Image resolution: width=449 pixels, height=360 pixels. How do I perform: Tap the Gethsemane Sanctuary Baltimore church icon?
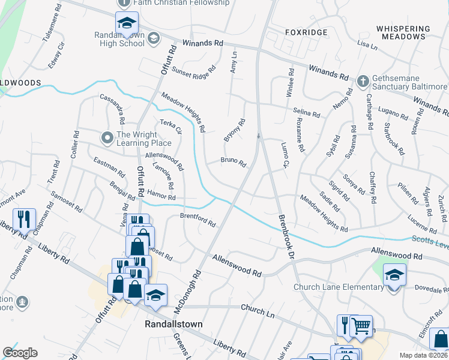[362, 80]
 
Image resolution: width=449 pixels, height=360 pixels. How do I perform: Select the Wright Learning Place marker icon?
[107, 138]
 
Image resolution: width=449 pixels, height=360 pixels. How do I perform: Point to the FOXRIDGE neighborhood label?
[306, 32]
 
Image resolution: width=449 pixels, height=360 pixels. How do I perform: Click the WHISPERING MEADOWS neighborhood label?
[403, 32]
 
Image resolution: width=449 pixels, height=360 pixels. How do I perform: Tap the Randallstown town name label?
[173, 324]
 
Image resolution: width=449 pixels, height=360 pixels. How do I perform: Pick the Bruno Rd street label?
[234, 161]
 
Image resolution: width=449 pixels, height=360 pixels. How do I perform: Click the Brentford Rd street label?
[197, 220]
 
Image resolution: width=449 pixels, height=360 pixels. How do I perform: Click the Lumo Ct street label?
[285, 155]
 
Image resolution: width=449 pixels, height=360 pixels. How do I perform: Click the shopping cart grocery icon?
[361, 326]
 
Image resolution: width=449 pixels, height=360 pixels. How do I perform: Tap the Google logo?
[20, 353]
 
